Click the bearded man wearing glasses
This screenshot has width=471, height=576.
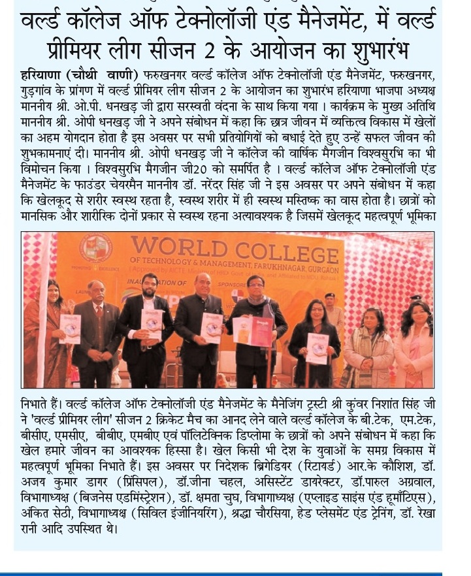(151, 327)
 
